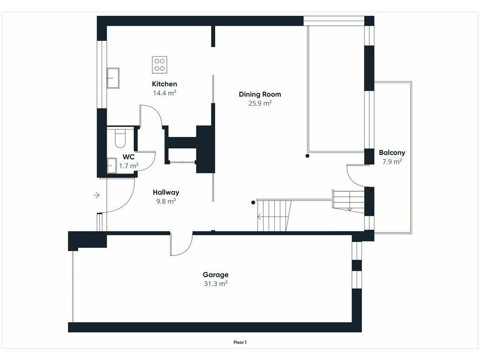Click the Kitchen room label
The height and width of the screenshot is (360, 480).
point(165,84)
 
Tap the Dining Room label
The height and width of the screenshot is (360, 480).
point(260,94)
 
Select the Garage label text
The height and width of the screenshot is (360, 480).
point(216,275)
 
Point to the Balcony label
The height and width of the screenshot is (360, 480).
point(392,152)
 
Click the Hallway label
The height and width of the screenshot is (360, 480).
point(166,192)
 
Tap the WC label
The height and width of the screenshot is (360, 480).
point(128,157)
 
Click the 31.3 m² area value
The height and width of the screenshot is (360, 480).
point(216,284)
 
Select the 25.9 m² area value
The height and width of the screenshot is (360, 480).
point(260,103)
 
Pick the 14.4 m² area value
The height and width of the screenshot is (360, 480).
point(165,93)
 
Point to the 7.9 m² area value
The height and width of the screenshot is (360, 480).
point(392,162)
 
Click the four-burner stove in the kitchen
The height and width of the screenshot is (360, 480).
point(159,65)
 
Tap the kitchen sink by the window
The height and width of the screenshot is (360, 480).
point(112,78)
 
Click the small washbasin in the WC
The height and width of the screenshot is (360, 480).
point(112,165)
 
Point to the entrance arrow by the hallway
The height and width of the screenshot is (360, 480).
point(97,195)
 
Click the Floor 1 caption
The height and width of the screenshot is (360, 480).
point(240,342)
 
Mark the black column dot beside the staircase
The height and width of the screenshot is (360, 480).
point(253,202)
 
